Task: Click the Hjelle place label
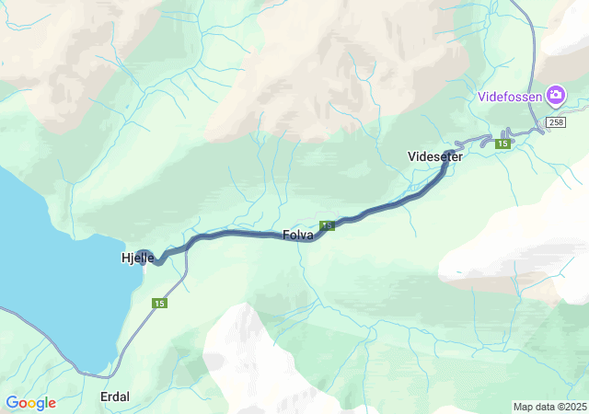137,258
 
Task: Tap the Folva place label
299,236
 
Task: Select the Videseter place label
434,156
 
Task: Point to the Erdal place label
114,397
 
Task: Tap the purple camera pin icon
555,95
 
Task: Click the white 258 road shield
555,122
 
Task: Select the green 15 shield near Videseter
503,144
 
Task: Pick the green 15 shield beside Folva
327,225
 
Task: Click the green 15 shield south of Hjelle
160,304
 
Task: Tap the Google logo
30,403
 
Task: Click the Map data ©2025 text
549,407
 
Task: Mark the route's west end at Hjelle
144,252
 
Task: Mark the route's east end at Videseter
450,153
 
